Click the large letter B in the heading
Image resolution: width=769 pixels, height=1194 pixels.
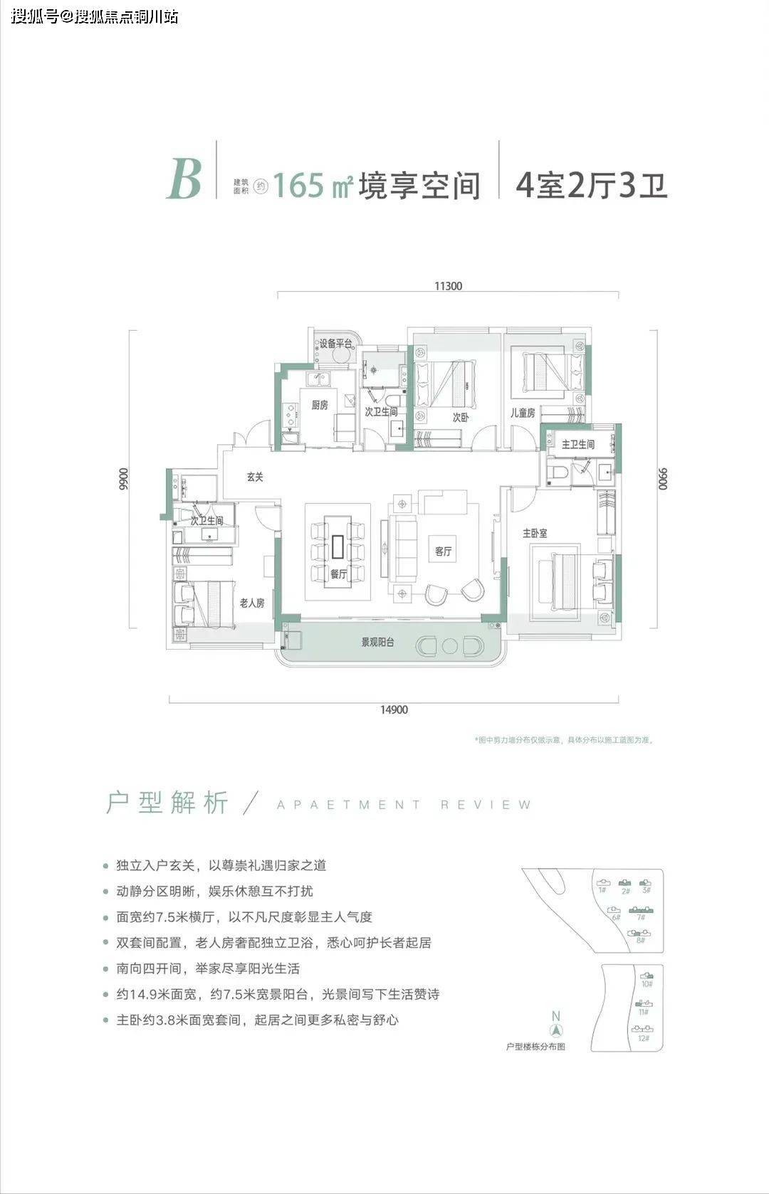pos(184,179)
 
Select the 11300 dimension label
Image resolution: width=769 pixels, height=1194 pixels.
pos(448,286)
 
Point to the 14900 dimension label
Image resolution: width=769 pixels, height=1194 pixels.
pos(394,709)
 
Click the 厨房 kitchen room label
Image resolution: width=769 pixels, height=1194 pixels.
pos(320,405)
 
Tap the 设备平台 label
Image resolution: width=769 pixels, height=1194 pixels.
pos(335,344)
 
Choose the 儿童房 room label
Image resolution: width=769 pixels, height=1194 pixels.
pos(522,413)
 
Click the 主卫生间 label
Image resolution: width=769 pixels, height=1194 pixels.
pos(577,444)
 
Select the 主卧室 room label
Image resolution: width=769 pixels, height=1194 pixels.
pos(535,532)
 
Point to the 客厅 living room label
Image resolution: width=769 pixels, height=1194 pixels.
pos(444,551)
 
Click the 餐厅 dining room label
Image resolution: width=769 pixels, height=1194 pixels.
pos(338,574)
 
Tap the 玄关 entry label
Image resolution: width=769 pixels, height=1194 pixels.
pos(255,477)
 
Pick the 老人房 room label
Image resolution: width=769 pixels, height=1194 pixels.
pos(251,603)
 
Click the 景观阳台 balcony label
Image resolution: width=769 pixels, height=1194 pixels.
pos(377,642)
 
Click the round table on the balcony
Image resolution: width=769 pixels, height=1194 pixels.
pos(449,646)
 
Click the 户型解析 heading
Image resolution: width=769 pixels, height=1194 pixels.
pos(167,803)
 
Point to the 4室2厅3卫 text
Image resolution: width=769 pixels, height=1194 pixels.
pos(591,186)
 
